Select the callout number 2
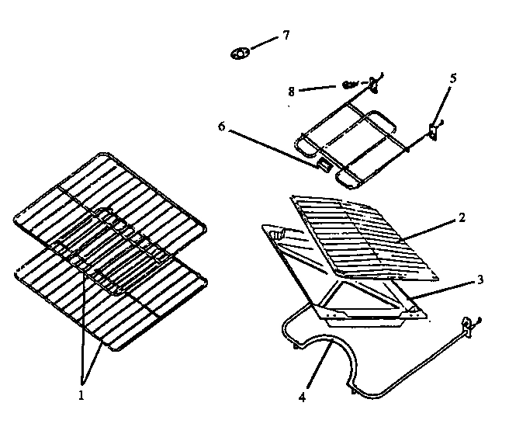461,218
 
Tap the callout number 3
480,279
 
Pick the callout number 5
453,78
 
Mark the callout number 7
286,36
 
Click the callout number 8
291,91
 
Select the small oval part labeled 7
240,54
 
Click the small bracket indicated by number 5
434,130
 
